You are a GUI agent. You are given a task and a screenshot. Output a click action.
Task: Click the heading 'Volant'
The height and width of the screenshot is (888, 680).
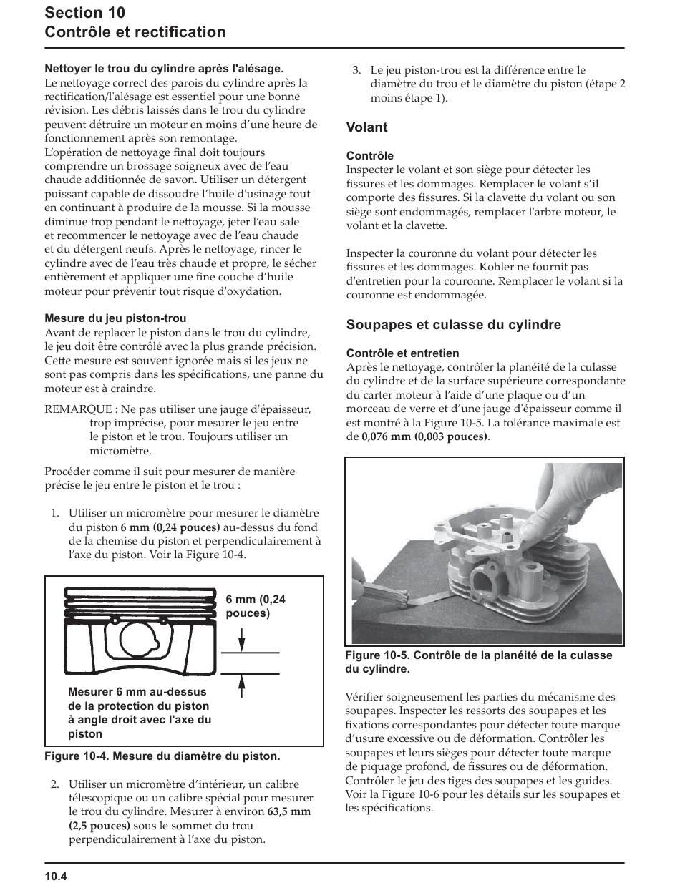(366, 127)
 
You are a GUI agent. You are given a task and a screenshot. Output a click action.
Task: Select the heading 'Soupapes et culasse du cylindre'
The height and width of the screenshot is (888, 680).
(453, 325)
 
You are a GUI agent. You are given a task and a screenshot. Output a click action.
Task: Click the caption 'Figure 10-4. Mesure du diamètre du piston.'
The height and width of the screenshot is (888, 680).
(162, 756)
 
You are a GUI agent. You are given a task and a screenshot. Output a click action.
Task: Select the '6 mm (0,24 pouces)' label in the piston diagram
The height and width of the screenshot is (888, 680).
(255, 606)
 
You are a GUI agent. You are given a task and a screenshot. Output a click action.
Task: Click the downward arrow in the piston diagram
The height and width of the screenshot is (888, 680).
(242, 639)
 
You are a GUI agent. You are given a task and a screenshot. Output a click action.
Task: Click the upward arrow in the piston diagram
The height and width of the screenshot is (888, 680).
(242, 686)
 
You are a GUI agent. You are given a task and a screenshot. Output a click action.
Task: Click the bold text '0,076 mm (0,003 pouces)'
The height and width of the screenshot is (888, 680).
(425, 436)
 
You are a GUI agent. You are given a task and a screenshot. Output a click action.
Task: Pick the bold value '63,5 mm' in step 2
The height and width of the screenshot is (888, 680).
(289, 812)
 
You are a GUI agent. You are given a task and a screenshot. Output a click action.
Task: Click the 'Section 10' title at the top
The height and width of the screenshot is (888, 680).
(84, 12)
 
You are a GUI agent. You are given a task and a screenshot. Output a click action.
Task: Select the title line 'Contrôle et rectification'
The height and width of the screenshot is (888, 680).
(135, 32)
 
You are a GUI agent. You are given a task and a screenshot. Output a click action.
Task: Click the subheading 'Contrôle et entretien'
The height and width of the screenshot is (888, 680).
(403, 353)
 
